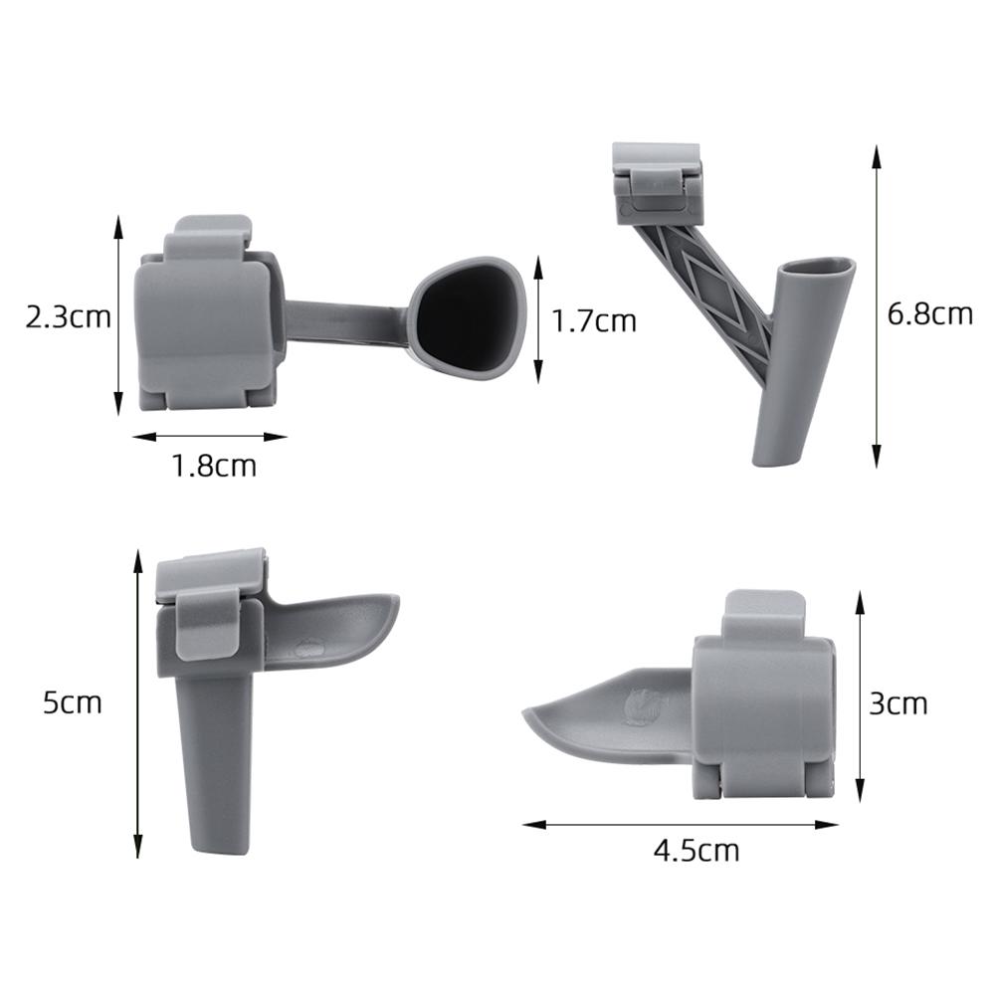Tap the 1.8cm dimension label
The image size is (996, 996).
coord(214,465)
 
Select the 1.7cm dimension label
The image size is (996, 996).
coord(594,320)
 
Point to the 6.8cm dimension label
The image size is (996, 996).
coord(929,313)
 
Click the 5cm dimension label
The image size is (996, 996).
coord(73,702)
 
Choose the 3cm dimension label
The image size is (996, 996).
coord(897,703)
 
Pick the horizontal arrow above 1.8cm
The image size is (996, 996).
coord(209,436)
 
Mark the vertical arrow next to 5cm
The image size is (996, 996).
coord(138,702)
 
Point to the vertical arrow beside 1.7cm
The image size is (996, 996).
coord(538,318)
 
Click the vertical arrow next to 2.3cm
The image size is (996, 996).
coord(118,315)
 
